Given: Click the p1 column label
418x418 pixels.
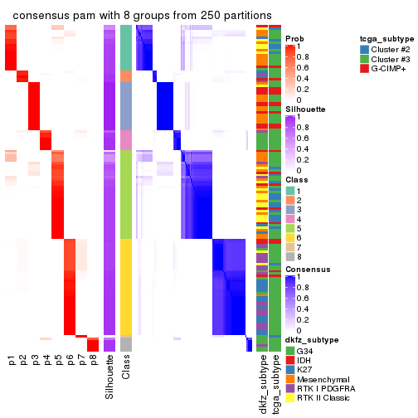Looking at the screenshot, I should (11, 362).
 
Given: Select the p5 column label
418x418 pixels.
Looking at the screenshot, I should (58, 362).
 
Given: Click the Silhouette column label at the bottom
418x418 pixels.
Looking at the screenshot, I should (109, 377).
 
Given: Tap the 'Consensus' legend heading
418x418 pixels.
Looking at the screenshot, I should (305, 270).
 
